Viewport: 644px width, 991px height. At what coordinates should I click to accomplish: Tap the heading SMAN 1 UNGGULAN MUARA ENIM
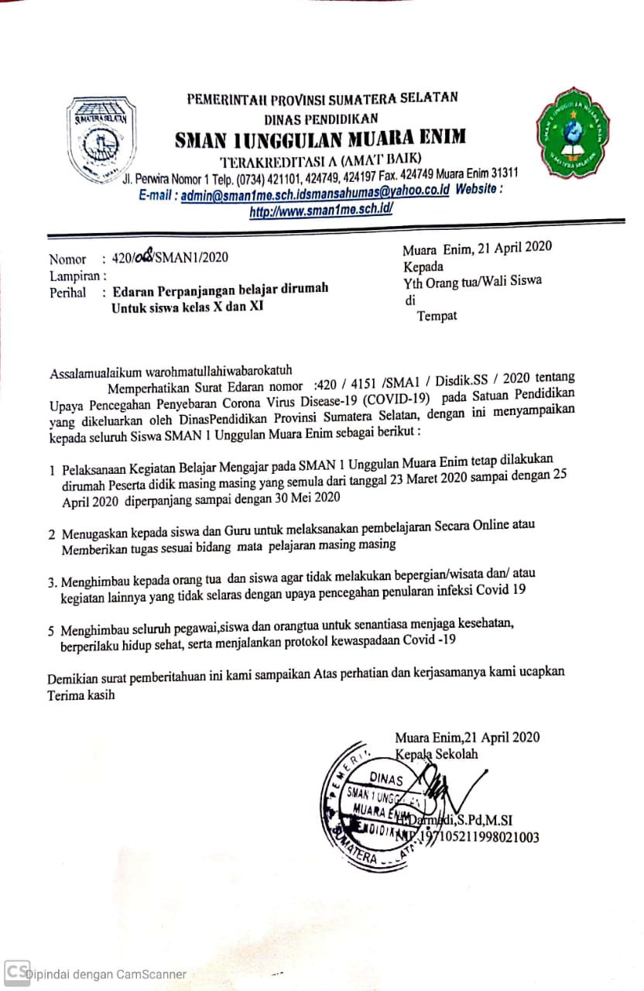pyautogui.click(x=320, y=139)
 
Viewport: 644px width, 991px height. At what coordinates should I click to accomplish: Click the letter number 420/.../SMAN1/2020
pyautogui.click(x=170, y=258)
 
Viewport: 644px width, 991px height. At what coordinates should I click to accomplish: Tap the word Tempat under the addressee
pyautogui.click(x=437, y=315)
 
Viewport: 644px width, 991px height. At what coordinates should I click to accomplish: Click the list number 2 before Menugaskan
pyautogui.click(x=51, y=533)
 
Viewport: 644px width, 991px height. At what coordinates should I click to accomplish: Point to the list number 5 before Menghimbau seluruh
pyautogui.click(x=50, y=630)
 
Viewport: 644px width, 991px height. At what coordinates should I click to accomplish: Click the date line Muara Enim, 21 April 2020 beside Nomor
pyautogui.click(x=477, y=248)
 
